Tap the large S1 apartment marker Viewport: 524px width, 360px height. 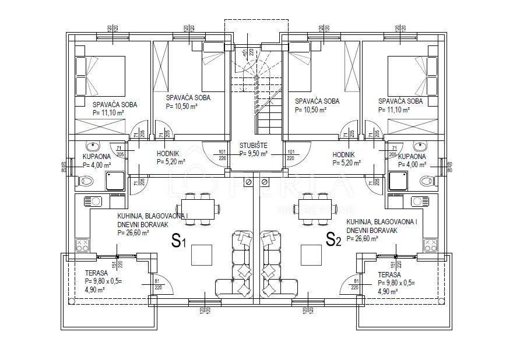tap(178, 240)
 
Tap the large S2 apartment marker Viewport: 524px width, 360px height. tap(333, 239)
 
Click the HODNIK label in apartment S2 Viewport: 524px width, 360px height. tap(344, 154)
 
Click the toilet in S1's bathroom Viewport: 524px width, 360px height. tap(86, 181)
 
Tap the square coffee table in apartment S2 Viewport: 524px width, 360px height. tap(311, 254)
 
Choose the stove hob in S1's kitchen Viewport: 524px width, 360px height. tap(82, 245)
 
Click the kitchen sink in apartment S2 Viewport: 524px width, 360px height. tap(419, 202)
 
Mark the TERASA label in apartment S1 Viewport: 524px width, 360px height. tap(96, 274)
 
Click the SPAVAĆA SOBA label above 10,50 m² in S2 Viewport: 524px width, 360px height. tap(317, 101)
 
